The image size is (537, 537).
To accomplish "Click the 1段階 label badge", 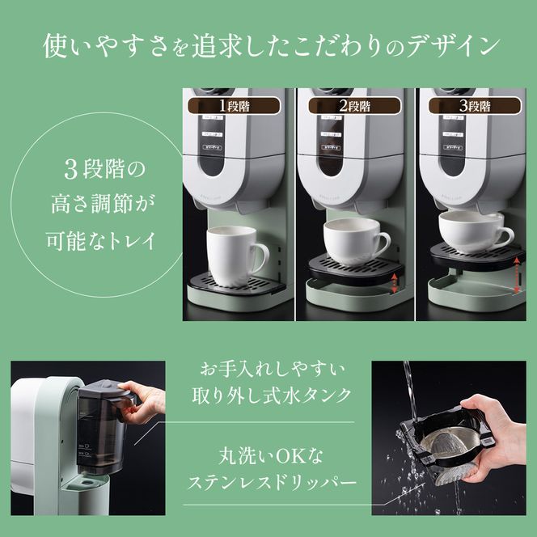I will coord(234,105).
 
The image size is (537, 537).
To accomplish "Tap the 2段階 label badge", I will coord(353,105).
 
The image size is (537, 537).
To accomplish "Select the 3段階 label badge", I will coord(474,105).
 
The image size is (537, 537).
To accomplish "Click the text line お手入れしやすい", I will coord(272,370).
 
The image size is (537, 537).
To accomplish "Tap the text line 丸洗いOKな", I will coord(272,456).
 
